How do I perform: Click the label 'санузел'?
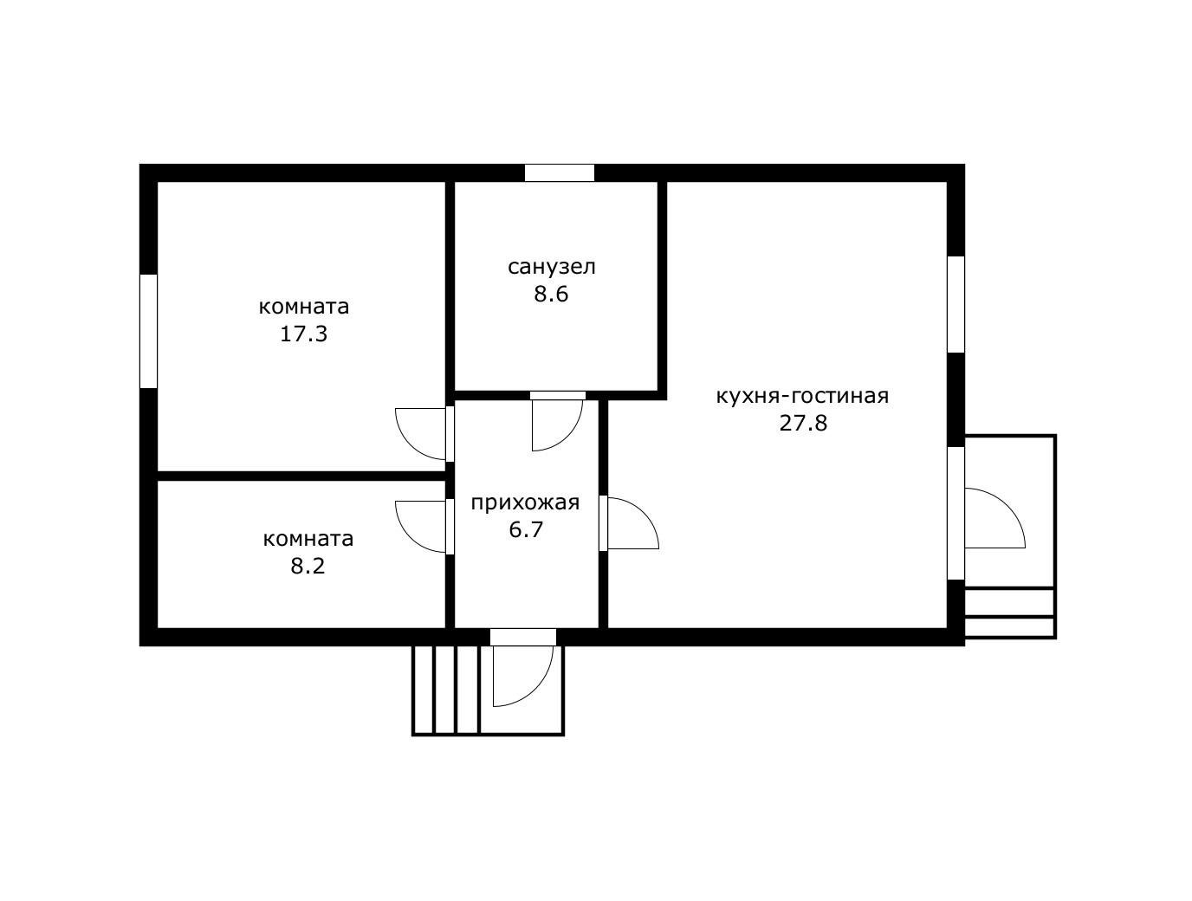tap(551, 267)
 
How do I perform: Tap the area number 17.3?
tap(303, 334)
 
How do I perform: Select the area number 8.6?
tap(551, 294)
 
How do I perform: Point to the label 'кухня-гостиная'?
tap(803, 396)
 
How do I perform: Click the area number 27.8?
tap(803, 423)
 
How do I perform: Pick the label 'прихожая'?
tap(525, 502)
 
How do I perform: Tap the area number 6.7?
tap(526, 529)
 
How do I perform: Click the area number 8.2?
tap(308, 566)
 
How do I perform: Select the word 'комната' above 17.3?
tap(303, 307)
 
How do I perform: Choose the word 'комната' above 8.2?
tap(308, 539)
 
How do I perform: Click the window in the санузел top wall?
tap(560, 172)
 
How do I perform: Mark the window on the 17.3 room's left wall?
tap(149, 331)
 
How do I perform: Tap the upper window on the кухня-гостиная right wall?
tap(956, 304)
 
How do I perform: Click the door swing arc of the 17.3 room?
tap(411, 444)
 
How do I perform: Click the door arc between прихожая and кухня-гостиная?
tap(644, 513)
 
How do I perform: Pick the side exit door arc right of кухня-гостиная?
tap(1007, 505)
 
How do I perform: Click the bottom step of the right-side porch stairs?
tap(1009, 628)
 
